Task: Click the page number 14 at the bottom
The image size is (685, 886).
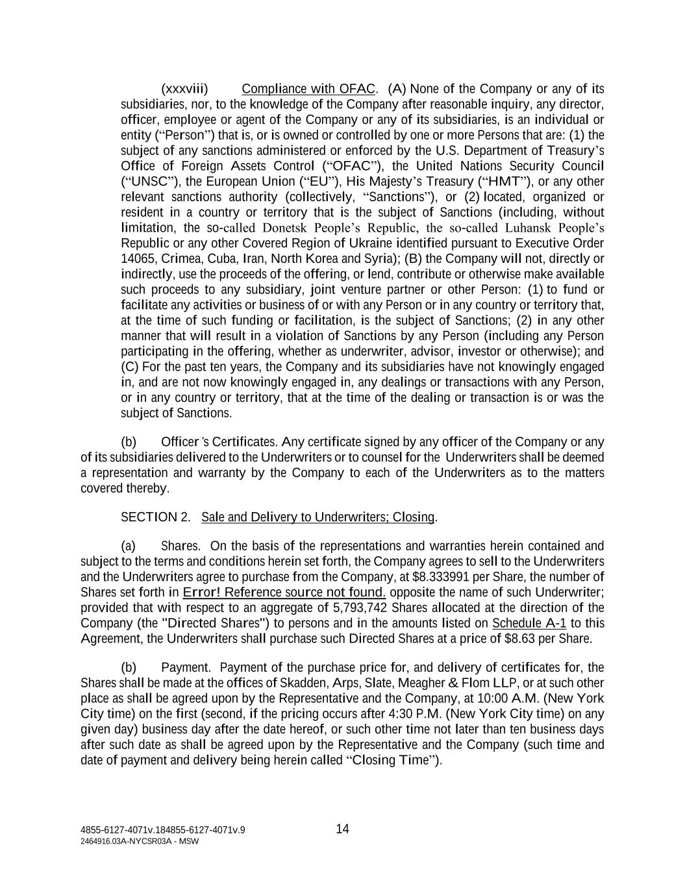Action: [x=343, y=829]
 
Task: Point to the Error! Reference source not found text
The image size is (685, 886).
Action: [x=284, y=593]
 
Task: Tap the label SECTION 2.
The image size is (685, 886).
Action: [x=156, y=517]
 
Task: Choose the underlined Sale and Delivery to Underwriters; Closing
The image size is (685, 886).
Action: [x=318, y=517]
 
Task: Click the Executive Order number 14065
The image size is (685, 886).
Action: [x=135, y=258]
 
